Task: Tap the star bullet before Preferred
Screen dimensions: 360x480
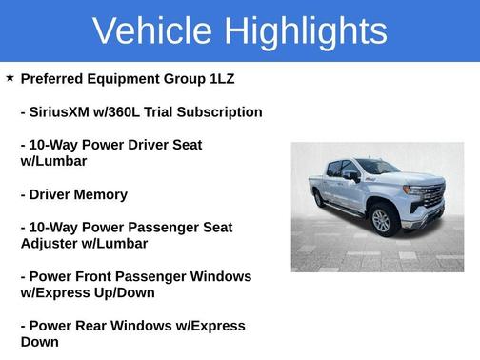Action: point(10,78)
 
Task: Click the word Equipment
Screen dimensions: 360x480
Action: point(138,79)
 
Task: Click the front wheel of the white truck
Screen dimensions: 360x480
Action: point(382,221)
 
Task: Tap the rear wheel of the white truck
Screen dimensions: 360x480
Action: point(319,199)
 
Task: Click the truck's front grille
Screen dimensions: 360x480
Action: point(430,197)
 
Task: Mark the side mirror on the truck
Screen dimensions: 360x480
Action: point(354,176)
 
